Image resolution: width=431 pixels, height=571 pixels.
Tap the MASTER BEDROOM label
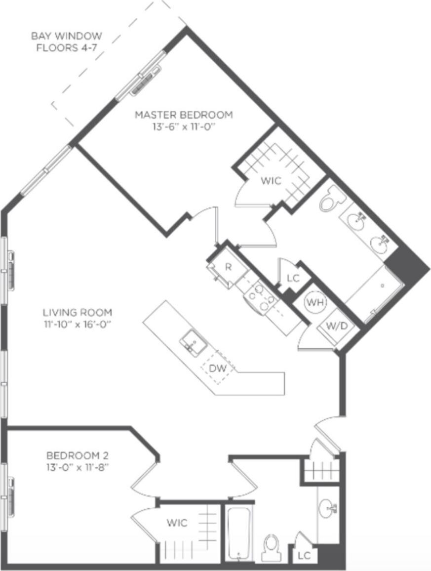click(184, 115)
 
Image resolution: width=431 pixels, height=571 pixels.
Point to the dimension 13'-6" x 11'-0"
click(184, 126)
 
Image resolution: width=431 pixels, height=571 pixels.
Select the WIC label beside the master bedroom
click(271, 181)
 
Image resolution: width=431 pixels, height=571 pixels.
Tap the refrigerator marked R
click(228, 268)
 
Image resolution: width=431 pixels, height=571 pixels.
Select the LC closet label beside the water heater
click(293, 278)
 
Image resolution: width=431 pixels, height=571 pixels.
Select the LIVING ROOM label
click(77, 313)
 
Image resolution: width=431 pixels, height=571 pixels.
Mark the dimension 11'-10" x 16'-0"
click(77, 324)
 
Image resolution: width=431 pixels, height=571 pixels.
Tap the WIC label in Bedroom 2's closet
click(176, 523)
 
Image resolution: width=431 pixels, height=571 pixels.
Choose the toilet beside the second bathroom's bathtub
click(271, 547)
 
